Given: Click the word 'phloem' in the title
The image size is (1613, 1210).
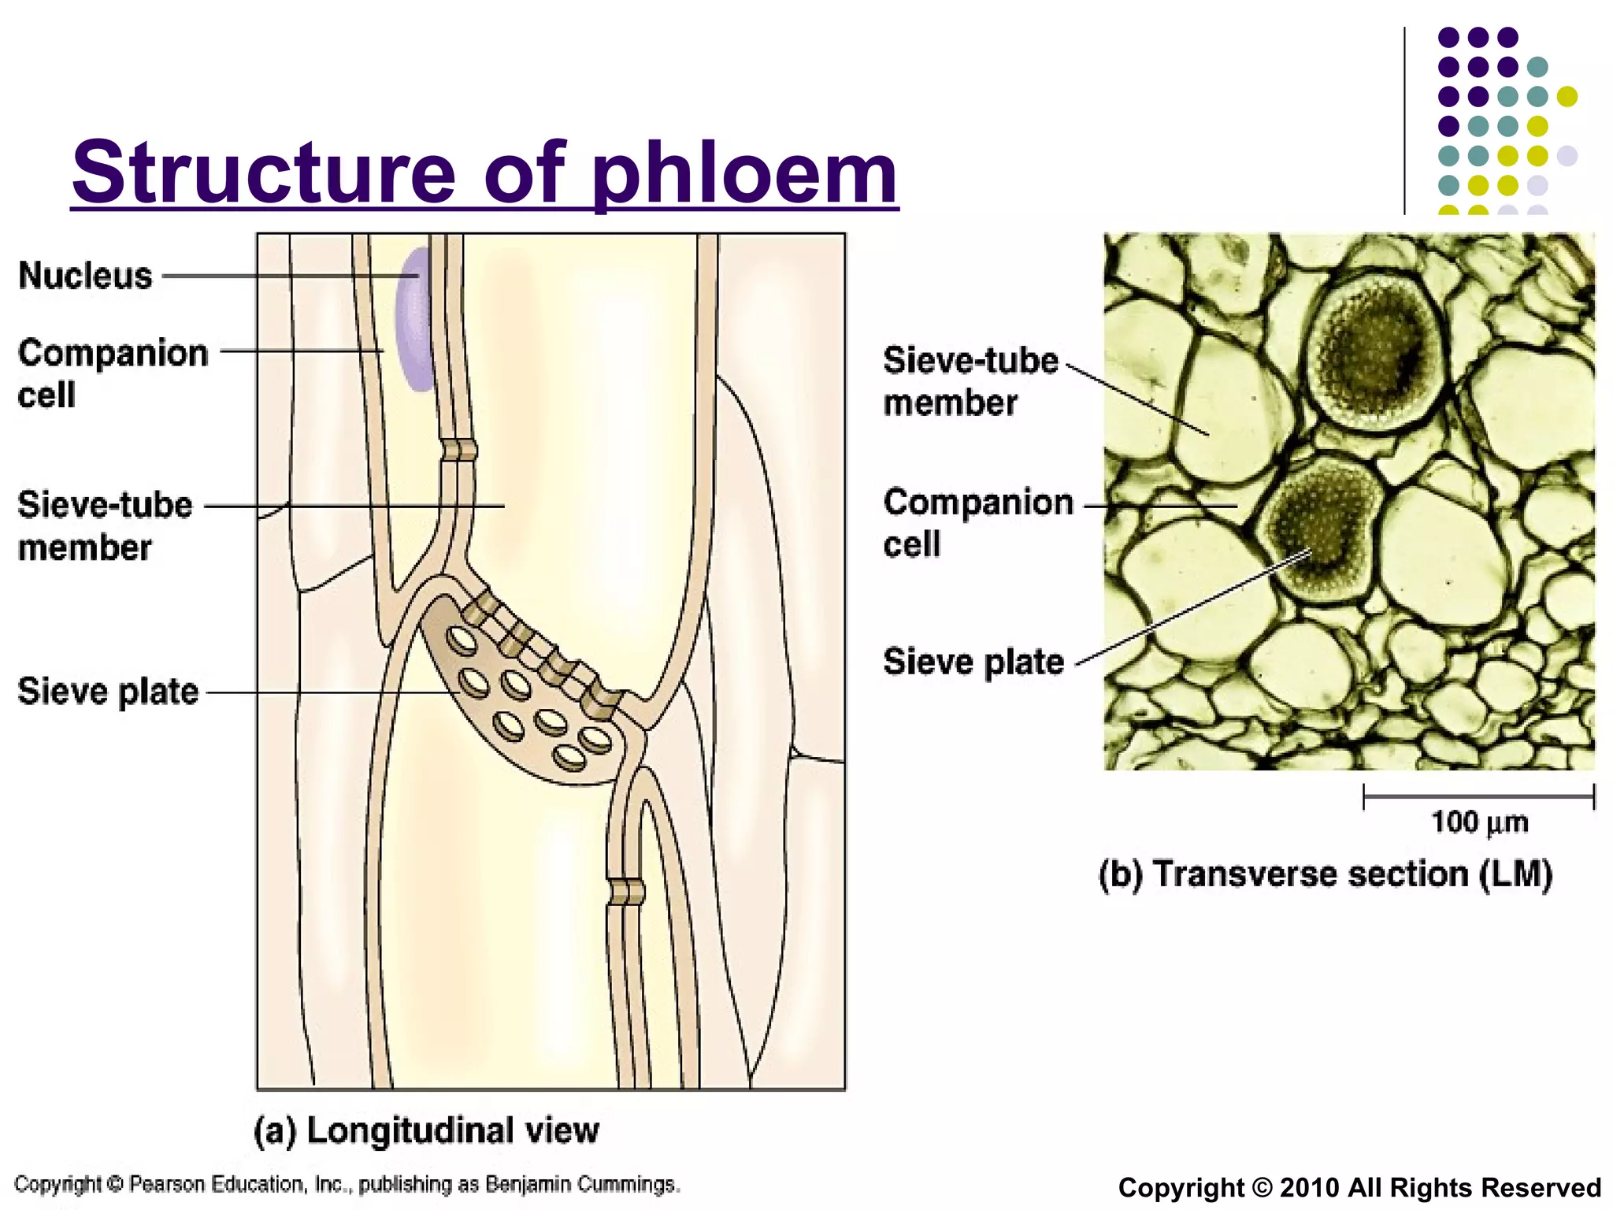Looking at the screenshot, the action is [x=745, y=173].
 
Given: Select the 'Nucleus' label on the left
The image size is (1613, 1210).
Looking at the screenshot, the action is [x=85, y=276].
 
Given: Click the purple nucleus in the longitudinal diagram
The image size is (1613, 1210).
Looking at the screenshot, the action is [x=416, y=319].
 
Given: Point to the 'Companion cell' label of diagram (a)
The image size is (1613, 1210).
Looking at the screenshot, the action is [x=113, y=373].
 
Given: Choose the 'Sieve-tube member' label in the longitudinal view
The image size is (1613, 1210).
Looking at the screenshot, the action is [x=104, y=525].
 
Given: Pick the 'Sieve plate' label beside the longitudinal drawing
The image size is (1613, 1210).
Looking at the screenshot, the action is [x=108, y=692].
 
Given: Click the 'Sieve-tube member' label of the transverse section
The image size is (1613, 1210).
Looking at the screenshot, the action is [x=970, y=381].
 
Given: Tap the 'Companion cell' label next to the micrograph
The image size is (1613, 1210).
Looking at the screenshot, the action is [x=977, y=522].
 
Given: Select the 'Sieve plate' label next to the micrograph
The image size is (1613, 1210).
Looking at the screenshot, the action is [x=973, y=662].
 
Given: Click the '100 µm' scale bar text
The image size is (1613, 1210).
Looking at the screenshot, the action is [x=1479, y=822].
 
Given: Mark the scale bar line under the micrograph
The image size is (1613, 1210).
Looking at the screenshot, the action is [x=1478, y=796].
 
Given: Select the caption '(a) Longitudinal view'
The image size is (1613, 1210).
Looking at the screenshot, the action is [x=426, y=1130].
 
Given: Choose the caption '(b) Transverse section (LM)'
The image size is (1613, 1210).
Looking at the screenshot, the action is [x=1326, y=874].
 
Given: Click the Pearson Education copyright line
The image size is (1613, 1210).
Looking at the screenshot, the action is [x=347, y=1184].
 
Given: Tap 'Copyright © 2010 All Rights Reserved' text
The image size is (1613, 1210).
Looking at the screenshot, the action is [x=1359, y=1187].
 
